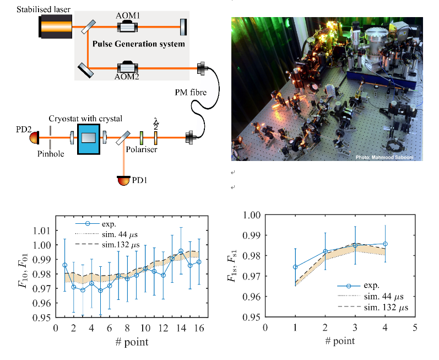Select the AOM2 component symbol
pyautogui.click(x=128, y=69)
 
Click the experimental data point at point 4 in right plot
pyautogui.click(x=384, y=244)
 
